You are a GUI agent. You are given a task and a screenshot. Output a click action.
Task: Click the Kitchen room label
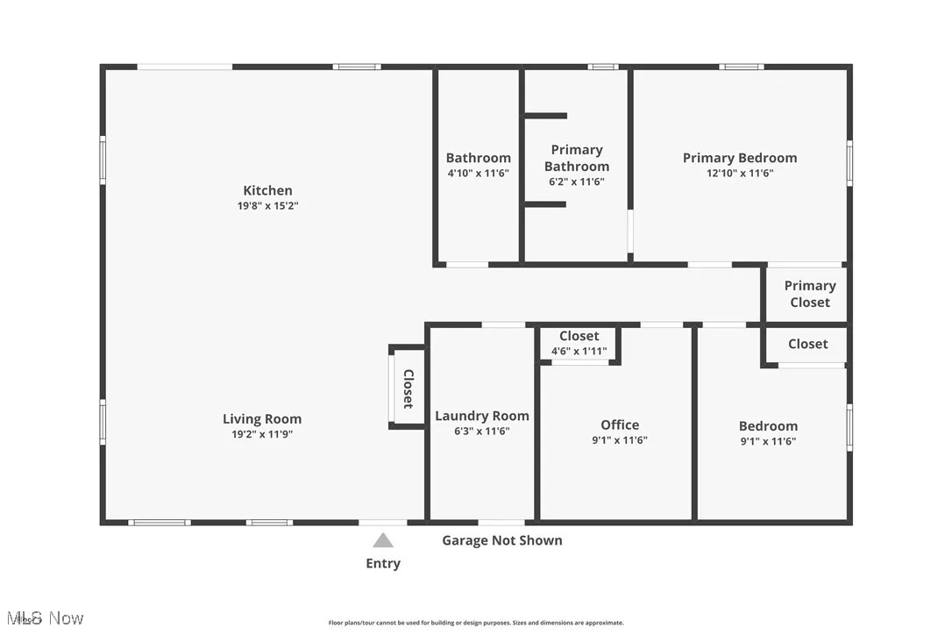pyautogui.click(x=267, y=190)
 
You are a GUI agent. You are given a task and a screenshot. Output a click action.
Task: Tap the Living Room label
pyautogui.click(x=261, y=419)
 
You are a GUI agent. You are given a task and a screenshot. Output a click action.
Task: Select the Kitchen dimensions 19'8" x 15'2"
pyautogui.click(x=267, y=206)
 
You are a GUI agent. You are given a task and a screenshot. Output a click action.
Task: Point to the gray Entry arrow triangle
pyautogui.click(x=383, y=540)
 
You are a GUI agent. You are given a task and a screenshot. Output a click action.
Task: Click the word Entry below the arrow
pyautogui.click(x=383, y=563)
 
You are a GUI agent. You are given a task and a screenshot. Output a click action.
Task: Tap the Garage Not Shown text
pyautogui.click(x=502, y=540)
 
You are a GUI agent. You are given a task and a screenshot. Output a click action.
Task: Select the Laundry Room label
pyautogui.click(x=482, y=416)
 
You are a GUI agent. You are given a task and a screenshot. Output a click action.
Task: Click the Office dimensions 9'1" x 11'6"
pyautogui.click(x=620, y=441)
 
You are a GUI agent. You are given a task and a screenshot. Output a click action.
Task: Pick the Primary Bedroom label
pyautogui.click(x=740, y=158)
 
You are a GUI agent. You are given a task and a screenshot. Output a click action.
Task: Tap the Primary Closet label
pyautogui.click(x=809, y=294)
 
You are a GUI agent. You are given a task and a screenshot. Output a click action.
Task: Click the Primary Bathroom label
pyautogui.click(x=576, y=158)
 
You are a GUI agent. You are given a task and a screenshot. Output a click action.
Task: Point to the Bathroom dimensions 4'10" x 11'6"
pyautogui.click(x=478, y=174)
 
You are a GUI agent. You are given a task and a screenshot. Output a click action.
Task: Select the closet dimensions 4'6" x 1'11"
pyautogui.click(x=579, y=352)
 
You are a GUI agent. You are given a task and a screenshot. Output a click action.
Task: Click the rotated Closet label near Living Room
pyautogui.click(x=408, y=389)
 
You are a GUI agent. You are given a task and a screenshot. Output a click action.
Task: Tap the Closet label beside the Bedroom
pyautogui.click(x=807, y=344)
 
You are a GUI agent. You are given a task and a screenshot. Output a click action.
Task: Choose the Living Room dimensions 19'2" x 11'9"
pyautogui.click(x=261, y=434)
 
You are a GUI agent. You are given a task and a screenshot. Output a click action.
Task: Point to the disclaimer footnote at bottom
pyautogui.click(x=476, y=623)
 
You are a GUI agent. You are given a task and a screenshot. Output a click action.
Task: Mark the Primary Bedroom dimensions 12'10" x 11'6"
pyautogui.click(x=740, y=174)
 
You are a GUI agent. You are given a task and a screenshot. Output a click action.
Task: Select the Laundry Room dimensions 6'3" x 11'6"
pyautogui.click(x=482, y=431)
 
